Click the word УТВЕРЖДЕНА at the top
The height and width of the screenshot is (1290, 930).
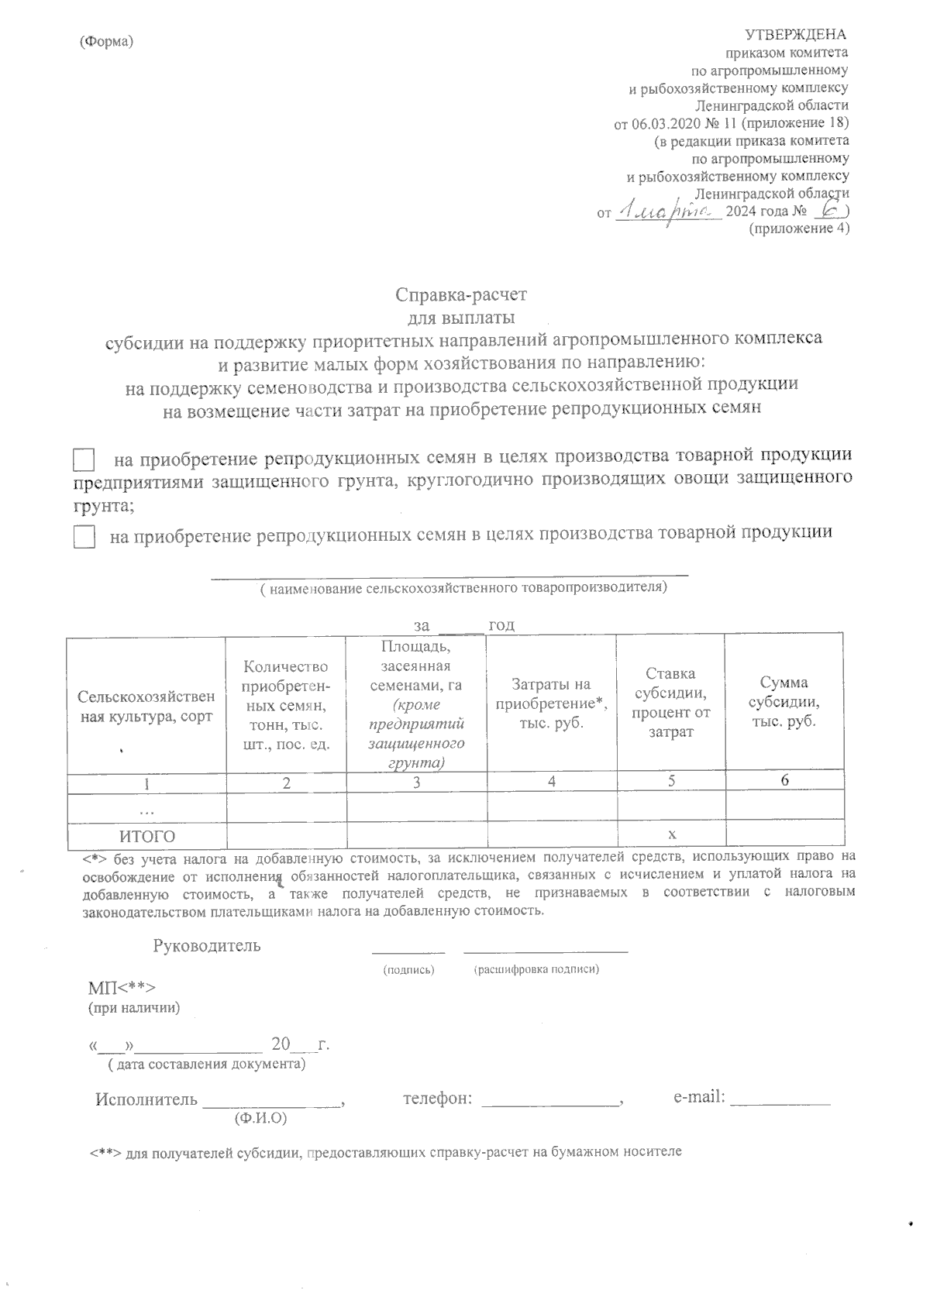[x=795, y=35]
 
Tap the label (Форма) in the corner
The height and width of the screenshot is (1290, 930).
[x=107, y=41]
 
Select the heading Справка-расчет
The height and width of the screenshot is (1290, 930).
[x=460, y=295]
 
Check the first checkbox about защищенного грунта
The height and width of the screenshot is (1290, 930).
[x=84, y=459]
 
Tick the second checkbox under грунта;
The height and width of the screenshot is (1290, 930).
[x=84, y=536]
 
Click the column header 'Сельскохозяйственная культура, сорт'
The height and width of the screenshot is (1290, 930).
[x=146, y=707]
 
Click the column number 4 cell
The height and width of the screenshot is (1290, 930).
[x=551, y=782]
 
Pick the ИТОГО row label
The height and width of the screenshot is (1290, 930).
[x=146, y=836]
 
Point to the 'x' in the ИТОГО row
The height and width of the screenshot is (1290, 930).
[x=671, y=835]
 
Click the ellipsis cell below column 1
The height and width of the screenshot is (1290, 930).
[x=146, y=809]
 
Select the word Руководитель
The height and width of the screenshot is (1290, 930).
[x=207, y=946]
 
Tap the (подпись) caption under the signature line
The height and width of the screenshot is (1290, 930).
[x=409, y=970]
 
